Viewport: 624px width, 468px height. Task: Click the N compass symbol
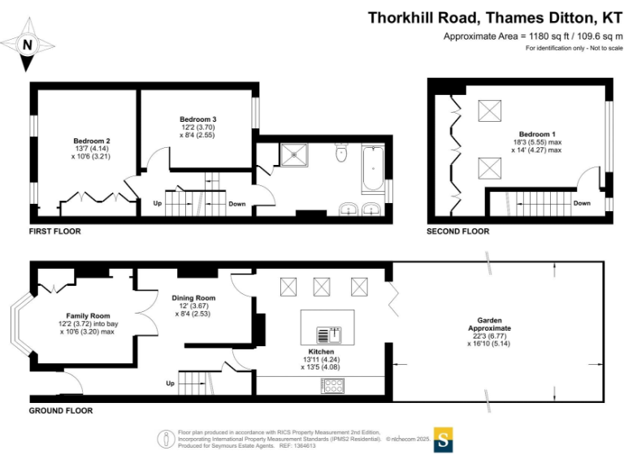point(27,45)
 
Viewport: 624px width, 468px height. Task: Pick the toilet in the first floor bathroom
point(341,152)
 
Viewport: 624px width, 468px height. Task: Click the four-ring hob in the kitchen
point(333,386)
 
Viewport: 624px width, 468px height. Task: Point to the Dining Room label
point(193,298)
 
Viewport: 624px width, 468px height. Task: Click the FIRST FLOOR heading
point(54,231)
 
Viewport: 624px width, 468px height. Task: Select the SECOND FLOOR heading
point(458,231)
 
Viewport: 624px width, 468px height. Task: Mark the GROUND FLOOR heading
point(60,410)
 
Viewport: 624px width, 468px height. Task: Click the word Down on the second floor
point(582,203)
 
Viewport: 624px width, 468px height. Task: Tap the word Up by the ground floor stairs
point(170,383)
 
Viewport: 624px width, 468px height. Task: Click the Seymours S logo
point(443,439)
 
